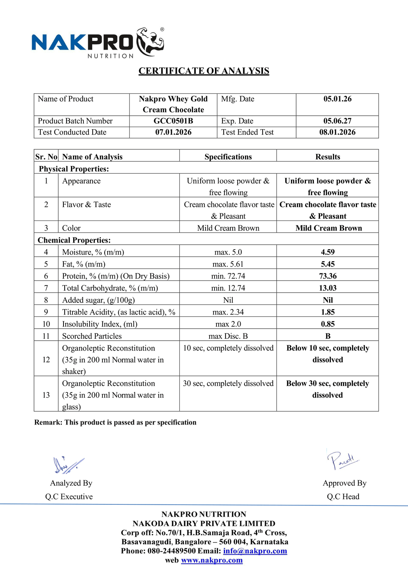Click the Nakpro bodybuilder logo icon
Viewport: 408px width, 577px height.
150,42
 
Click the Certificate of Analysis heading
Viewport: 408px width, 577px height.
204,71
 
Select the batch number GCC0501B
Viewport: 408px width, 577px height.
173,121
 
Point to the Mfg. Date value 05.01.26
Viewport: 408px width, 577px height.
337,99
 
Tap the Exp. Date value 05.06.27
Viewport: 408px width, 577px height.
337,121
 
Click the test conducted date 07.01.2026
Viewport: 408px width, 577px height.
173,132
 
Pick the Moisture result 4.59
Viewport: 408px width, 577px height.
328,252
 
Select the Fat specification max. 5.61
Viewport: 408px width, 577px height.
228,264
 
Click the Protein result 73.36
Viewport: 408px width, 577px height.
328,276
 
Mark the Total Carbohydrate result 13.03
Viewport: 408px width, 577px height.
328,288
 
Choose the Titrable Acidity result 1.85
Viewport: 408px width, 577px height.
328,312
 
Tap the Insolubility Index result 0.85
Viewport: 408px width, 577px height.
328,324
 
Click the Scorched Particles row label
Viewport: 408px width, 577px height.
92,336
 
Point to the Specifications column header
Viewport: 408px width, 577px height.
228,157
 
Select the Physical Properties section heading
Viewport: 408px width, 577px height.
74,169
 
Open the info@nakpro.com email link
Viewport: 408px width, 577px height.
255,551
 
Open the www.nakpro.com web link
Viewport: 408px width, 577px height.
212,560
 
